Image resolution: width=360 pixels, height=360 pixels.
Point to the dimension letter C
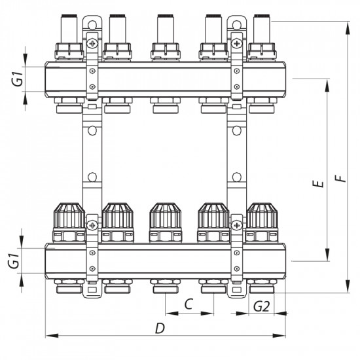189,304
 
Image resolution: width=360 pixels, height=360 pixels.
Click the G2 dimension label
261,306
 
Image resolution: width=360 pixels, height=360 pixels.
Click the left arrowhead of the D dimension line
48,337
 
